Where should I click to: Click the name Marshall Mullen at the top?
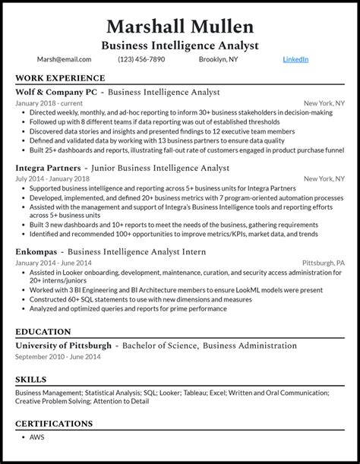point(180,27)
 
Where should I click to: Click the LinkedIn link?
point(295,59)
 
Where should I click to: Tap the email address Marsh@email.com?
point(64,59)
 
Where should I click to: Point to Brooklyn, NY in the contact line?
point(219,59)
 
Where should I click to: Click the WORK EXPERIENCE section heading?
point(60,78)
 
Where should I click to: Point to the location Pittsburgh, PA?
point(324,263)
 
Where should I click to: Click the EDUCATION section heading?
point(43,332)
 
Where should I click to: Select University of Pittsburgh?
point(63,346)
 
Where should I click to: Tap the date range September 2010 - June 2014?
point(57,357)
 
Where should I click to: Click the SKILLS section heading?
point(30,379)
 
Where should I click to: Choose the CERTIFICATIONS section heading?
point(54,423)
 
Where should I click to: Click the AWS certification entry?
point(36,437)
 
